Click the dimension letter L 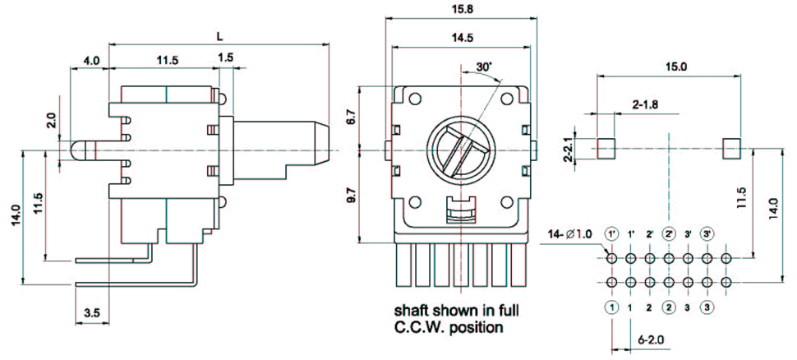[x=219, y=36]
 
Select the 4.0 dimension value [x=90, y=60]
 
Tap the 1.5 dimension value [x=226, y=56]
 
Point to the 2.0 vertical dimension [x=51, y=122]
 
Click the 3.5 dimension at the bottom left [x=92, y=313]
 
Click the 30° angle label [x=483, y=66]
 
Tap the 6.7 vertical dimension [x=351, y=117]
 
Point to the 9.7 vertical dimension [x=351, y=196]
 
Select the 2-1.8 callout [x=646, y=104]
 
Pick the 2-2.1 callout [x=568, y=148]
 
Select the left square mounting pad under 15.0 [x=606, y=148]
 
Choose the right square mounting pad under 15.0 [x=731, y=148]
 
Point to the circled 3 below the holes [x=707, y=308]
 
